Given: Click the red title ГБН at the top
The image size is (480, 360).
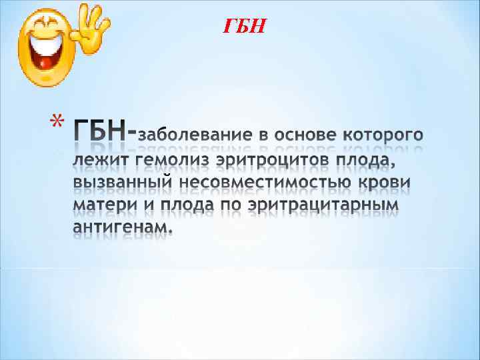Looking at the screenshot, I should tap(244, 27).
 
